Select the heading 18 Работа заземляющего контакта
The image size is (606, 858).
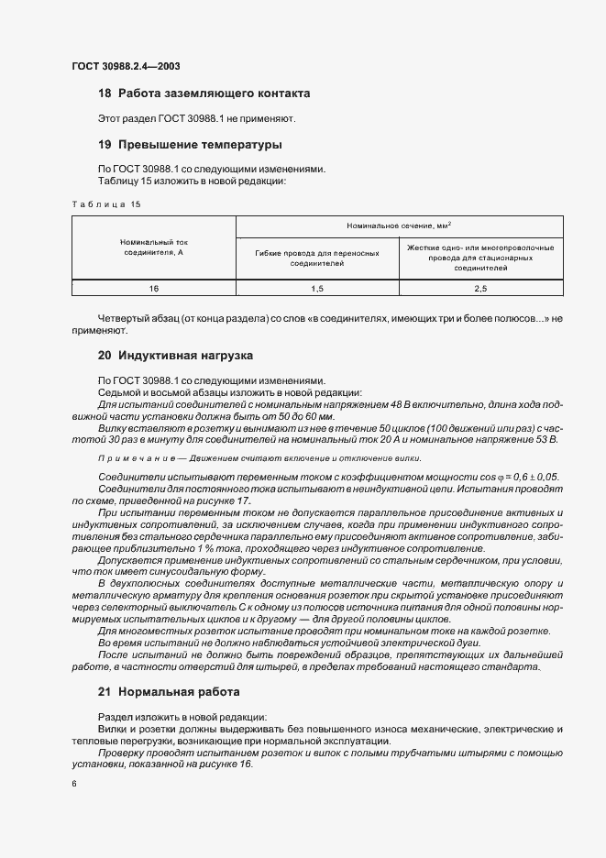coord(204,93)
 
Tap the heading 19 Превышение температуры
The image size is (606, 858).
coord(189,145)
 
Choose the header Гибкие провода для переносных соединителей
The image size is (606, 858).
coord(317,258)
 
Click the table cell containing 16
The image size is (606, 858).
coord(153,288)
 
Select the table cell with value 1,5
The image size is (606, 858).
coord(317,288)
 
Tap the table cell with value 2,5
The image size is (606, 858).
coord(480,288)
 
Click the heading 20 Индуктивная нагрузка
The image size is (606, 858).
coord(175,355)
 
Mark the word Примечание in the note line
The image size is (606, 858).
coord(127,458)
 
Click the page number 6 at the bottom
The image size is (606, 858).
coord(73,784)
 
